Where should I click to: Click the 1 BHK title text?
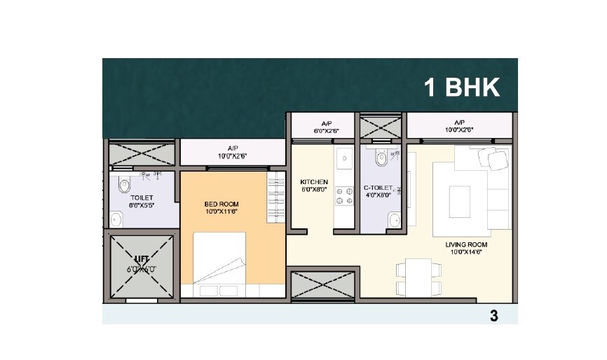pos(461,88)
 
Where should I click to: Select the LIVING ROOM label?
pos(464,244)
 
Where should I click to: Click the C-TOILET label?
pos(378,188)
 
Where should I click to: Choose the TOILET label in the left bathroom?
pos(142,198)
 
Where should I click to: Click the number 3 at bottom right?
pos(493,316)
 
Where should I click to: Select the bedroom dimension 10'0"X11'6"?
pos(222,212)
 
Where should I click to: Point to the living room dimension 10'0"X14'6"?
pos(464,252)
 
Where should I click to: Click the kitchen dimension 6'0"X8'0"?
pos(314,189)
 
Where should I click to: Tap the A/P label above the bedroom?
pos(233,148)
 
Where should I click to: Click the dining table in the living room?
pos(413,277)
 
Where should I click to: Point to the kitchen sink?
pos(344,160)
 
